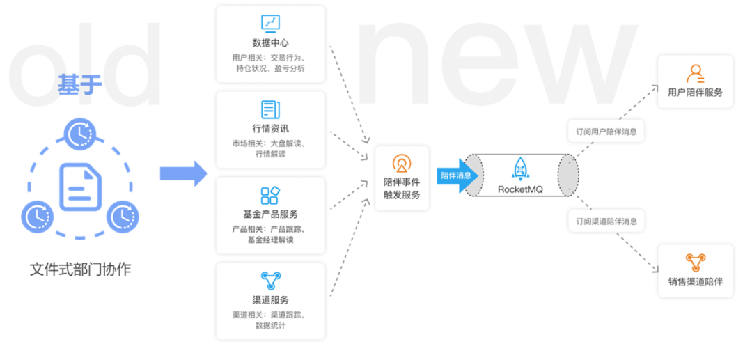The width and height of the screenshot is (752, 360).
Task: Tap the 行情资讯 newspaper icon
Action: tap(270, 110)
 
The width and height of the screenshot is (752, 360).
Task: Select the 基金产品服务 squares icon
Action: tap(270, 196)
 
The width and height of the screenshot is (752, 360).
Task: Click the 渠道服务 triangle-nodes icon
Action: tap(270, 281)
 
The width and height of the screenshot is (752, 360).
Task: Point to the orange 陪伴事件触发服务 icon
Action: tap(402, 164)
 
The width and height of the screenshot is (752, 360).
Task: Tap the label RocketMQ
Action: tap(520, 190)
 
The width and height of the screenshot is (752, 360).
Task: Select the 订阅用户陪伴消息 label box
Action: tap(606, 132)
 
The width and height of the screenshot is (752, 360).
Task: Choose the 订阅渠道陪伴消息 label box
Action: tap(606, 221)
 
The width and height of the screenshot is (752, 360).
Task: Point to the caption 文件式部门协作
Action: tap(80, 270)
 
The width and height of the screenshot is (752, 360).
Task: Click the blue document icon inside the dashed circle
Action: tap(80, 187)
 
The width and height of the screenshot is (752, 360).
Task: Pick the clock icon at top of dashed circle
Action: tap(80, 134)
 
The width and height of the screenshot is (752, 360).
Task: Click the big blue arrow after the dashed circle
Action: tap(184, 173)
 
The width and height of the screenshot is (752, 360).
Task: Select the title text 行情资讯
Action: tap(270, 129)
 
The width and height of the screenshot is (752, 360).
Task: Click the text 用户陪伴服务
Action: tap(696, 93)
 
